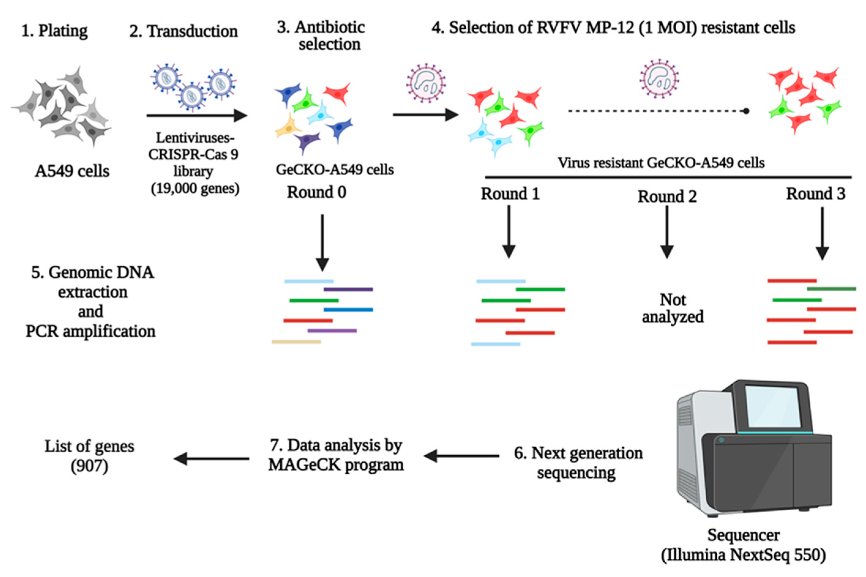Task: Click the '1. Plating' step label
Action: point(54,31)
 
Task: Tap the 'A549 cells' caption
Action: point(72,171)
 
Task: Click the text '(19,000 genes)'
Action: point(195,188)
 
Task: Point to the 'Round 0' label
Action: point(316,192)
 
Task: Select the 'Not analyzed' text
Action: point(672,308)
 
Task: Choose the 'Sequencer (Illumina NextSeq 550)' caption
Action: point(743,545)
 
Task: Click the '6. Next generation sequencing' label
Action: point(578,463)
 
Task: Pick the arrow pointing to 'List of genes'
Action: point(211,458)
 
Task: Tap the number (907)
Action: point(89,466)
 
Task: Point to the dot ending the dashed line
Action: point(746,111)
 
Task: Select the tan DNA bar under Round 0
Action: point(297,342)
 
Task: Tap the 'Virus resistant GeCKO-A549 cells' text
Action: point(661,163)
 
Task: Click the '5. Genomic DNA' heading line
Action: point(92,272)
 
